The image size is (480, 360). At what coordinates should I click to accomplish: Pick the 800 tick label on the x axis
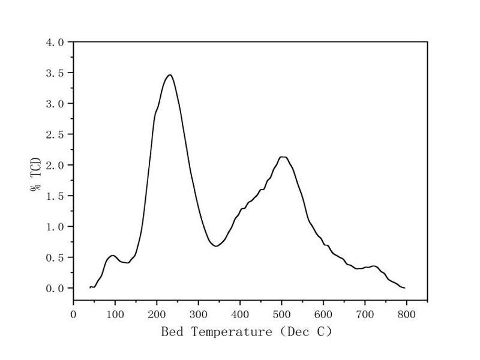tap(407, 313)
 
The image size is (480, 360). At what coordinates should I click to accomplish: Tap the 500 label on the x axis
tap(282, 313)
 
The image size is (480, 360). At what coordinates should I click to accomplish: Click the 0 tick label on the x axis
tap(74, 313)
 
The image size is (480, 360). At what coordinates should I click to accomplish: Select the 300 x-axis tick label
tap(199, 313)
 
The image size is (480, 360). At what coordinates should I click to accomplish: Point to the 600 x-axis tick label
tap(323, 313)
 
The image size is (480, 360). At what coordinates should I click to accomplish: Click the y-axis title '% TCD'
tap(36, 175)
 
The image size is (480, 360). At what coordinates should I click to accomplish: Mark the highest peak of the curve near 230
tap(170, 75)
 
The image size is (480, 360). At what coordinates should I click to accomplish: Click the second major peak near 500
tap(283, 157)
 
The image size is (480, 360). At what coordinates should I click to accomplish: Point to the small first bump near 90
tap(112, 256)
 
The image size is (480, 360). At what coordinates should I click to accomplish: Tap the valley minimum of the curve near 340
tap(215, 246)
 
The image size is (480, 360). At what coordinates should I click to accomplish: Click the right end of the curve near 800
tap(404, 288)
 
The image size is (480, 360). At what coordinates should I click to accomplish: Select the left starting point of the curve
tap(90, 287)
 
